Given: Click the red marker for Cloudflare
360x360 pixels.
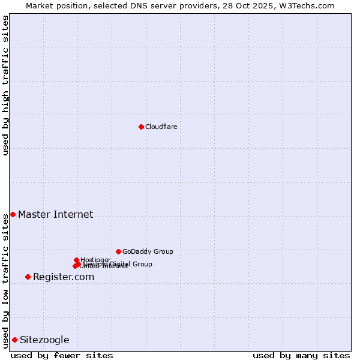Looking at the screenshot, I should tap(141, 127).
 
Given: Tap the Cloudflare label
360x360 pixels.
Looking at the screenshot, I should tap(161, 127).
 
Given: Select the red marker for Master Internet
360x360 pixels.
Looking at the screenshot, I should tap(13, 214).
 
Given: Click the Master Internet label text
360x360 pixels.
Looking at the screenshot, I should tap(55, 214).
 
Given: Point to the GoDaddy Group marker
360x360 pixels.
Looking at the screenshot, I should tap(118, 251).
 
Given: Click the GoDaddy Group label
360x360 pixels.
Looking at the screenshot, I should tap(148, 251).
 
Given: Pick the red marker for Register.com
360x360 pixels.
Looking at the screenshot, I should tap(28, 277).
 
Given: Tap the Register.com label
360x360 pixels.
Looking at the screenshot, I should tap(64, 277).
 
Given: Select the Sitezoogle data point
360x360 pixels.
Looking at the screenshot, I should tap(14, 340).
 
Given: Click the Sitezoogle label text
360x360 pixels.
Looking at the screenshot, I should tap(44, 340).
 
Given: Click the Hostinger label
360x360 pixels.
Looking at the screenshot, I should tap(95, 260).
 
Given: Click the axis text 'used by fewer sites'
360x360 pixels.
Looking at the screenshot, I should tap(62, 355).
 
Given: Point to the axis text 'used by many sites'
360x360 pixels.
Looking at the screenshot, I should tap(301, 355).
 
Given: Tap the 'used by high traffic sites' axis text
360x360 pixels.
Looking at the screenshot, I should tap(6, 85).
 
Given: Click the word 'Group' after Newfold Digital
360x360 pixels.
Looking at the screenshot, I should tap(142, 264).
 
